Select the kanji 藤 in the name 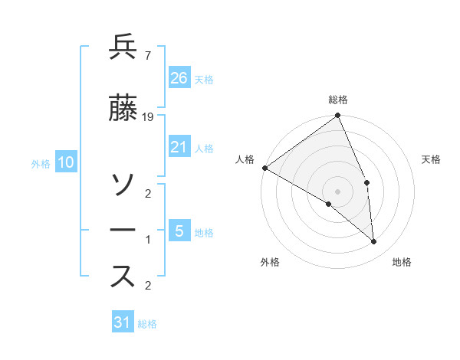tap(123, 110)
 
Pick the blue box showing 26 tap(179, 78)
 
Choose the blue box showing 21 tap(179, 148)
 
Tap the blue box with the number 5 tap(179, 231)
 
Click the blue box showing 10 tap(66, 162)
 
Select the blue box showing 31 tap(123, 322)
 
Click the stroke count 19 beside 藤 tap(149, 117)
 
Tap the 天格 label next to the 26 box tap(204, 79)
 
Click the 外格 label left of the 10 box tap(41, 163)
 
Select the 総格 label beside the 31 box tap(147, 324)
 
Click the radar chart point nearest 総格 tap(338, 116)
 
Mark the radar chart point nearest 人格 tap(264, 168)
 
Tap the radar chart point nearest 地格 tap(374, 242)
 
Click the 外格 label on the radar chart tap(270, 263)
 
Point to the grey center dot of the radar tap(338, 191)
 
